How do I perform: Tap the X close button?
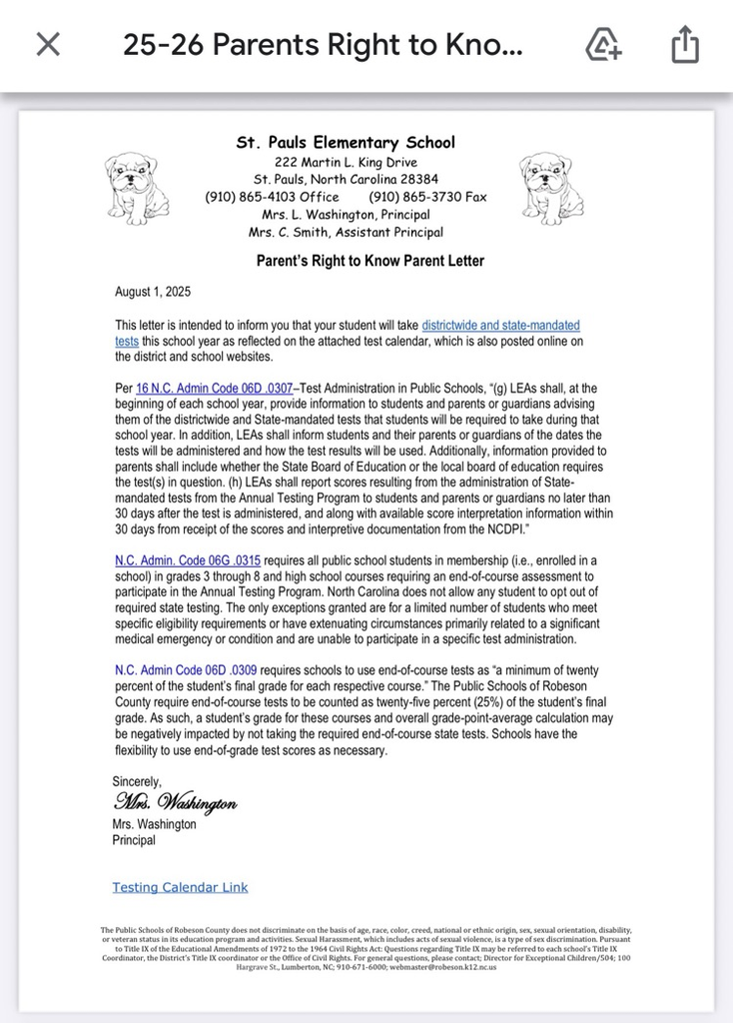click(48, 44)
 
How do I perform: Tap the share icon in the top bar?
click(685, 45)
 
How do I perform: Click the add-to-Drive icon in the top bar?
click(603, 45)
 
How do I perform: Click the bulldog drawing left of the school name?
click(137, 188)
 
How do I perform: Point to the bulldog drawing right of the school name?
click(551, 188)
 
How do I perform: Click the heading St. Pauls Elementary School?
click(346, 143)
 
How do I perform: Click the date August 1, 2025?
click(153, 292)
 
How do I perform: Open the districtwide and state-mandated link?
click(500, 326)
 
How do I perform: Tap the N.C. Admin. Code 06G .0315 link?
click(188, 560)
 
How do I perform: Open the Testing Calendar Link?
click(180, 887)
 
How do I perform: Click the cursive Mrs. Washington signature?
click(175, 802)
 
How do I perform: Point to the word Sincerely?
click(137, 781)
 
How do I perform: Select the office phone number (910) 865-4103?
click(272, 197)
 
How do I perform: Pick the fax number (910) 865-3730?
click(427, 197)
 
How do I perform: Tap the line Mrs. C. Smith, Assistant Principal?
click(346, 232)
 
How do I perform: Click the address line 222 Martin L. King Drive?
click(346, 162)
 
